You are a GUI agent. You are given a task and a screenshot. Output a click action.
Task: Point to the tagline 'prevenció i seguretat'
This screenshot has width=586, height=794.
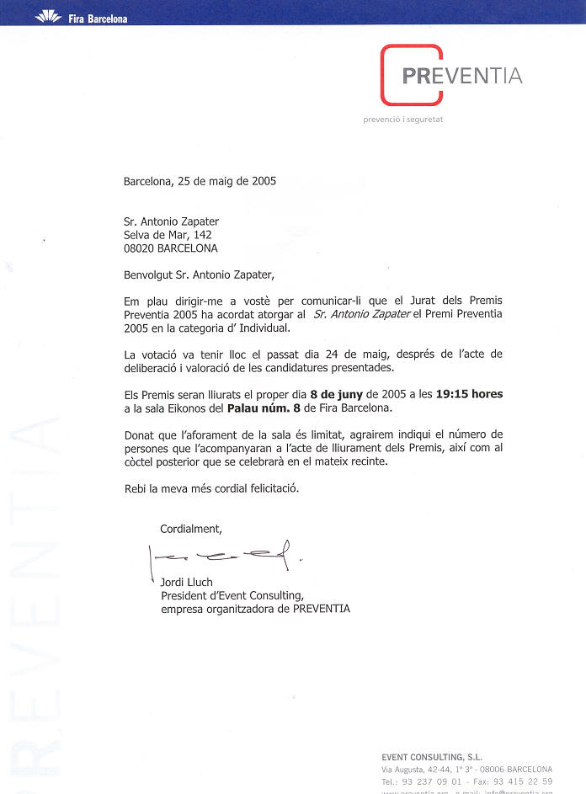coord(402,120)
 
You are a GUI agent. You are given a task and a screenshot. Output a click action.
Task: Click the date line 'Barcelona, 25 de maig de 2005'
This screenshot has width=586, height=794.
coord(200,180)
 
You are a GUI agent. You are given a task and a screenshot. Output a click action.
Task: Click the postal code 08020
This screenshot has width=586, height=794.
coord(140,248)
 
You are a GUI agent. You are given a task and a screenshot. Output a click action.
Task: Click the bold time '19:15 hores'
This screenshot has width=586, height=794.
coord(474,394)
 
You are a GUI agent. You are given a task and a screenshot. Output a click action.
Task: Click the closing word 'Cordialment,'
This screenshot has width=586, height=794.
coord(191,529)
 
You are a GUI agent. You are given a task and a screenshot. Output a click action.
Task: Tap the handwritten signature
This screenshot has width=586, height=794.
coord(224,554)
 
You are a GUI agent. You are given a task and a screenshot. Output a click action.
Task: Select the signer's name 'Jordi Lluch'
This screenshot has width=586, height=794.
coord(187,583)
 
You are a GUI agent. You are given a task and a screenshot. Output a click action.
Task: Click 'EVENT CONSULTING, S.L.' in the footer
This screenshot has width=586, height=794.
coord(432,757)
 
